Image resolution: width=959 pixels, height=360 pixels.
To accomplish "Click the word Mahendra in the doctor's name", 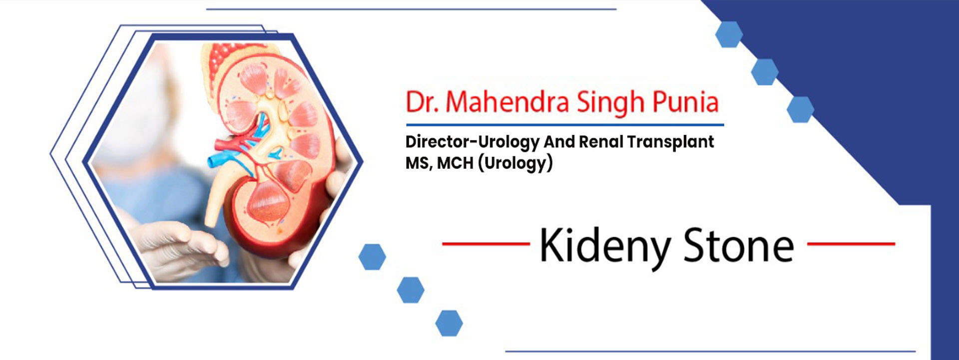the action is pyautogui.click(x=507, y=102).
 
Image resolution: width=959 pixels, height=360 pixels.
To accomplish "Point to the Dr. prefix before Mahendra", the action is pyautogui.click(x=422, y=102).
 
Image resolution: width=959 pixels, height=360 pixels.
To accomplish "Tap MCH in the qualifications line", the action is pyautogui.click(x=455, y=163).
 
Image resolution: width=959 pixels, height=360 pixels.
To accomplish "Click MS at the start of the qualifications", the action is pyautogui.click(x=419, y=163).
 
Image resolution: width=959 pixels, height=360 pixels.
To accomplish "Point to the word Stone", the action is pyautogui.click(x=738, y=245).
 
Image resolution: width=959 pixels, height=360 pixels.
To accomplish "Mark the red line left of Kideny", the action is pyautogui.click(x=486, y=244).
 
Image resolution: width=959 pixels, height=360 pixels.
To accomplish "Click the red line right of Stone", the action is pyautogui.click(x=851, y=244).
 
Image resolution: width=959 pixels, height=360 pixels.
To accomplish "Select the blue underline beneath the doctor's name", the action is pyautogui.click(x=565, y=125).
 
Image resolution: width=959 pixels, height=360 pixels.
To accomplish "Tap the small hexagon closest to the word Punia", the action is pyautogui.click(x=800, y=109).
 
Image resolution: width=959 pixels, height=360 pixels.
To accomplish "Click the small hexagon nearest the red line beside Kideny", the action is pyautogui.click(x=372, y=257).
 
